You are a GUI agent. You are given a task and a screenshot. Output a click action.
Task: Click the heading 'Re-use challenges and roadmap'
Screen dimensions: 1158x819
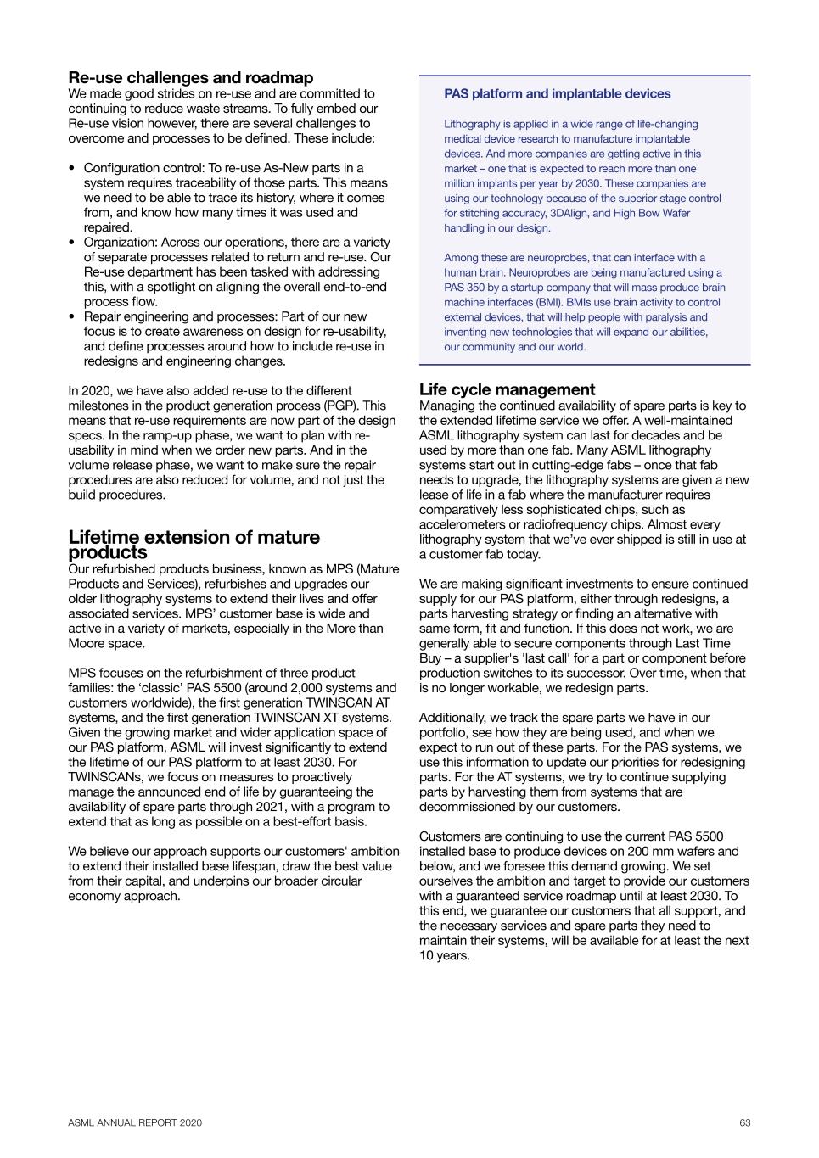[x=190, y=78]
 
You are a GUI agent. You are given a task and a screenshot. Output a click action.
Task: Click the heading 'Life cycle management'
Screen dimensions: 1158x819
[x=507, y=390]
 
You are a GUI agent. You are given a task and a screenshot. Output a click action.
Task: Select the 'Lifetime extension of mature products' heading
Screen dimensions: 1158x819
[x=194, y=545]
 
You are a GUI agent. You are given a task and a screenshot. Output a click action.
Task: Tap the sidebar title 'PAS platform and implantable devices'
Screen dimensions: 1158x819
[x=557, y=94]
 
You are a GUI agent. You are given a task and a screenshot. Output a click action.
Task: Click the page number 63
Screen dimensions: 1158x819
[x=744, y=1123]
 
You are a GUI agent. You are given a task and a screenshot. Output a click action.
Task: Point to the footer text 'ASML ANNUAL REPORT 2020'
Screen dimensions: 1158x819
[x=135, y=1123]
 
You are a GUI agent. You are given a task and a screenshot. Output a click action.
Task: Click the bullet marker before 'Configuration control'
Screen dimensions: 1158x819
[x=72, y=169]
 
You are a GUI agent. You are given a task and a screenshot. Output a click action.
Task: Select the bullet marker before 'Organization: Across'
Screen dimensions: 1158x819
[x=72, y=243]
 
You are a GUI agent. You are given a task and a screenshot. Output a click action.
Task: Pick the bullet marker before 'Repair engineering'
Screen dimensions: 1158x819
[x=72, y=317]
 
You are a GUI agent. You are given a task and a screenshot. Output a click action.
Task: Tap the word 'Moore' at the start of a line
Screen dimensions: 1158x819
[x=86, y=644]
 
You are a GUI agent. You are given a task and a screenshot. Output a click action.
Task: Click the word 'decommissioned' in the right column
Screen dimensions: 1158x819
[x=463, y=807]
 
